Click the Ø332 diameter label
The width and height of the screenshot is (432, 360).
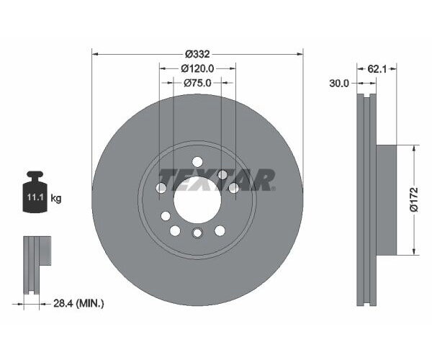(x=197, y=54)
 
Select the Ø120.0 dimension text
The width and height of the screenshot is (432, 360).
(x=197, y=68)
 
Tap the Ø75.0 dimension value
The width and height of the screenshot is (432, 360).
(x=197, y=83)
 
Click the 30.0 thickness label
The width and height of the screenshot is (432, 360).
(x=338, y=84)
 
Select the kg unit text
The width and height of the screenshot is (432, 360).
(x=55, y=198)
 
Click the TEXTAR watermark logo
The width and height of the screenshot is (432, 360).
(x=217, y=179)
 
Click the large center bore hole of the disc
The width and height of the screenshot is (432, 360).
(x=197, y=199)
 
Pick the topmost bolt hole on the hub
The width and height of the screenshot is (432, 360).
(x=197, y=162)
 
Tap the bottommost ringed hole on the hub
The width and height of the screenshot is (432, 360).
(x=197, y=233)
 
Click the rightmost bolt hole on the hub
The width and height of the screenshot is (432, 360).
(x=233, y=188)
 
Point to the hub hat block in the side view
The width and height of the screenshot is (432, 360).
(x=387, y=199)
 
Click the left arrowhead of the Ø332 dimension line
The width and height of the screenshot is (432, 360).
(x=95, y=54)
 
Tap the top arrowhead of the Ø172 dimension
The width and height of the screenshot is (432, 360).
(x=413, y=148)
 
